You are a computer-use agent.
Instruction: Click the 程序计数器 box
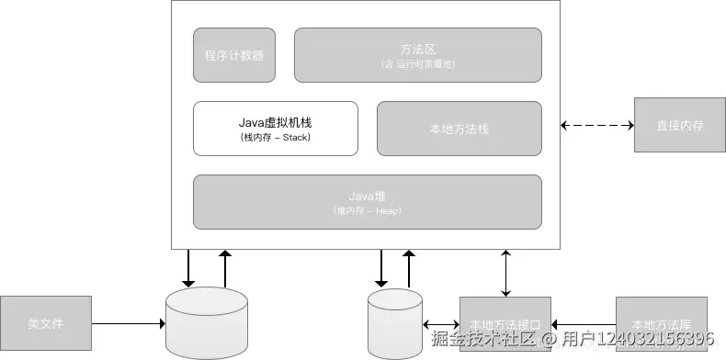click(234, 54)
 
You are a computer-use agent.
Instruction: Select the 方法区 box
click(417, 54)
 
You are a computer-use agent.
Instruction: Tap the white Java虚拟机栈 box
click(276, 128)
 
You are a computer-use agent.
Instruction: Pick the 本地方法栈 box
click(459, 129)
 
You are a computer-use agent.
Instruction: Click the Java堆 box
click(367, 202)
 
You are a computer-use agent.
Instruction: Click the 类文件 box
click(46, 323)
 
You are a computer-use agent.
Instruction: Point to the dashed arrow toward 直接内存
click(596, 124)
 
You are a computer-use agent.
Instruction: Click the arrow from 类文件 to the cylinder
click(129, 323)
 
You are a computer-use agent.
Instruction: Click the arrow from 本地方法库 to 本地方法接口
click(584, 323)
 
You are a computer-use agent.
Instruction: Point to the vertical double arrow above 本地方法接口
click(505, 272)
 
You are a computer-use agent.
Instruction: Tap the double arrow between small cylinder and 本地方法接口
click(441, 323)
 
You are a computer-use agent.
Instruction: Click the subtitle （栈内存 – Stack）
click(276, 138)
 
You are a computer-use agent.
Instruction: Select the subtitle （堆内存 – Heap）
click(367, 211)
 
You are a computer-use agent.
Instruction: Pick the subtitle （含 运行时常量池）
click(417, 64)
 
